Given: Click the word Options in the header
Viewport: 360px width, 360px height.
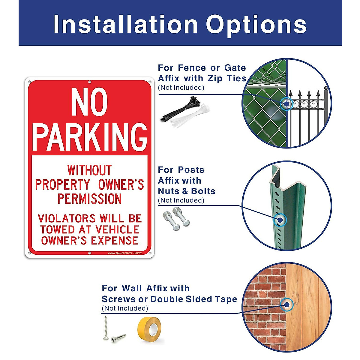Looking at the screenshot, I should [x=256, y=25].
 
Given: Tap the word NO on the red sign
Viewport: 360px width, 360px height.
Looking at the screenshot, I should [x=89, y=103].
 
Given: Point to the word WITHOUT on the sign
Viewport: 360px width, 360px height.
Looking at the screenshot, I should [x=89, y=170].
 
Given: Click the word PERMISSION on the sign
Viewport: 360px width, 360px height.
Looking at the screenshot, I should [x=89, y=199].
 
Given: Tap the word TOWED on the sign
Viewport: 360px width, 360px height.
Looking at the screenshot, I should [x=55, y=229].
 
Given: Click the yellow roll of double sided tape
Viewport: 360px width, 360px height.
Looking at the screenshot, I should [x=149, y=329].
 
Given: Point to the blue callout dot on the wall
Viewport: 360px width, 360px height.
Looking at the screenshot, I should [x=287, y=304].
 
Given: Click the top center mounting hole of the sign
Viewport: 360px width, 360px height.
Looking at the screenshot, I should [x=89, y=82].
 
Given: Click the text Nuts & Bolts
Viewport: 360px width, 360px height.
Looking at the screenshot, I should [x=187, y=191].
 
